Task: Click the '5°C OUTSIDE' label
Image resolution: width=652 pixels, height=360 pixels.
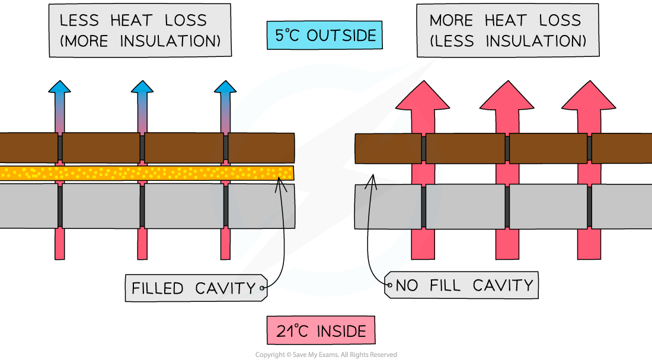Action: (324, 36)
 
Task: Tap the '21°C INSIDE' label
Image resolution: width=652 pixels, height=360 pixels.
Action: (321, 330)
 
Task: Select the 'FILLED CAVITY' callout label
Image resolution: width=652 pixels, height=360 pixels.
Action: (193, 288)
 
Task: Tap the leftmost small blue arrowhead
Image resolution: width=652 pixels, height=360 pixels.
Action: (59, 87)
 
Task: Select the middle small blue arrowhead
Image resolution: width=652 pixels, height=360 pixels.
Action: (142, 87)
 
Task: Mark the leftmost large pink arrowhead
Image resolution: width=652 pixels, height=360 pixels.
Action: (423, 98)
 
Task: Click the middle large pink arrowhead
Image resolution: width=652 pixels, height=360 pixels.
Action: (507, 98)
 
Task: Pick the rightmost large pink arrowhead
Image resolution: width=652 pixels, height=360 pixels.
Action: (589, 98)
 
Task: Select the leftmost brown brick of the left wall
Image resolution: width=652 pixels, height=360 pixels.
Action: (28, 148)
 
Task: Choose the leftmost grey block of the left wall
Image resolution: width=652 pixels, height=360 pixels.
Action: (28, 206)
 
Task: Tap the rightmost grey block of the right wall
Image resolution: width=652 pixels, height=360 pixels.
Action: (622, 206)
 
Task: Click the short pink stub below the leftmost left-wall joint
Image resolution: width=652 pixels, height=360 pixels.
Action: (59, 244)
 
